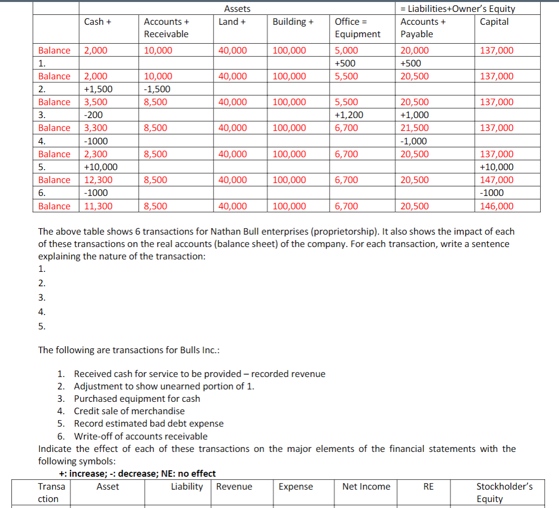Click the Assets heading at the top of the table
tap(237, 8)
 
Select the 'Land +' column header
tap(232, 21)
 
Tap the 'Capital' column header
tap(494, 21)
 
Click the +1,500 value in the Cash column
tap(98, 89)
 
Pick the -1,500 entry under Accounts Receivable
tap(157, 89)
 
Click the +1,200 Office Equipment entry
tap(349, 115)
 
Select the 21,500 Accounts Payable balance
tap(415, 128)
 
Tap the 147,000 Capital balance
tap(497, 180)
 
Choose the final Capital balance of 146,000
tap(497, 206)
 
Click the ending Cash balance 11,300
tap(98, 206)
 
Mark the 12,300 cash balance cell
tap(98, 180)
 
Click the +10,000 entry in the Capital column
tap(497, 167)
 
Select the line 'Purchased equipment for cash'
tap(137, 398)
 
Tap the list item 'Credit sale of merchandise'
tap(129, 411)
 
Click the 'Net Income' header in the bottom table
tap(366, 487)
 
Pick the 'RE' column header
tap(428, 487)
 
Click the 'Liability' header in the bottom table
tap(187, 487)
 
